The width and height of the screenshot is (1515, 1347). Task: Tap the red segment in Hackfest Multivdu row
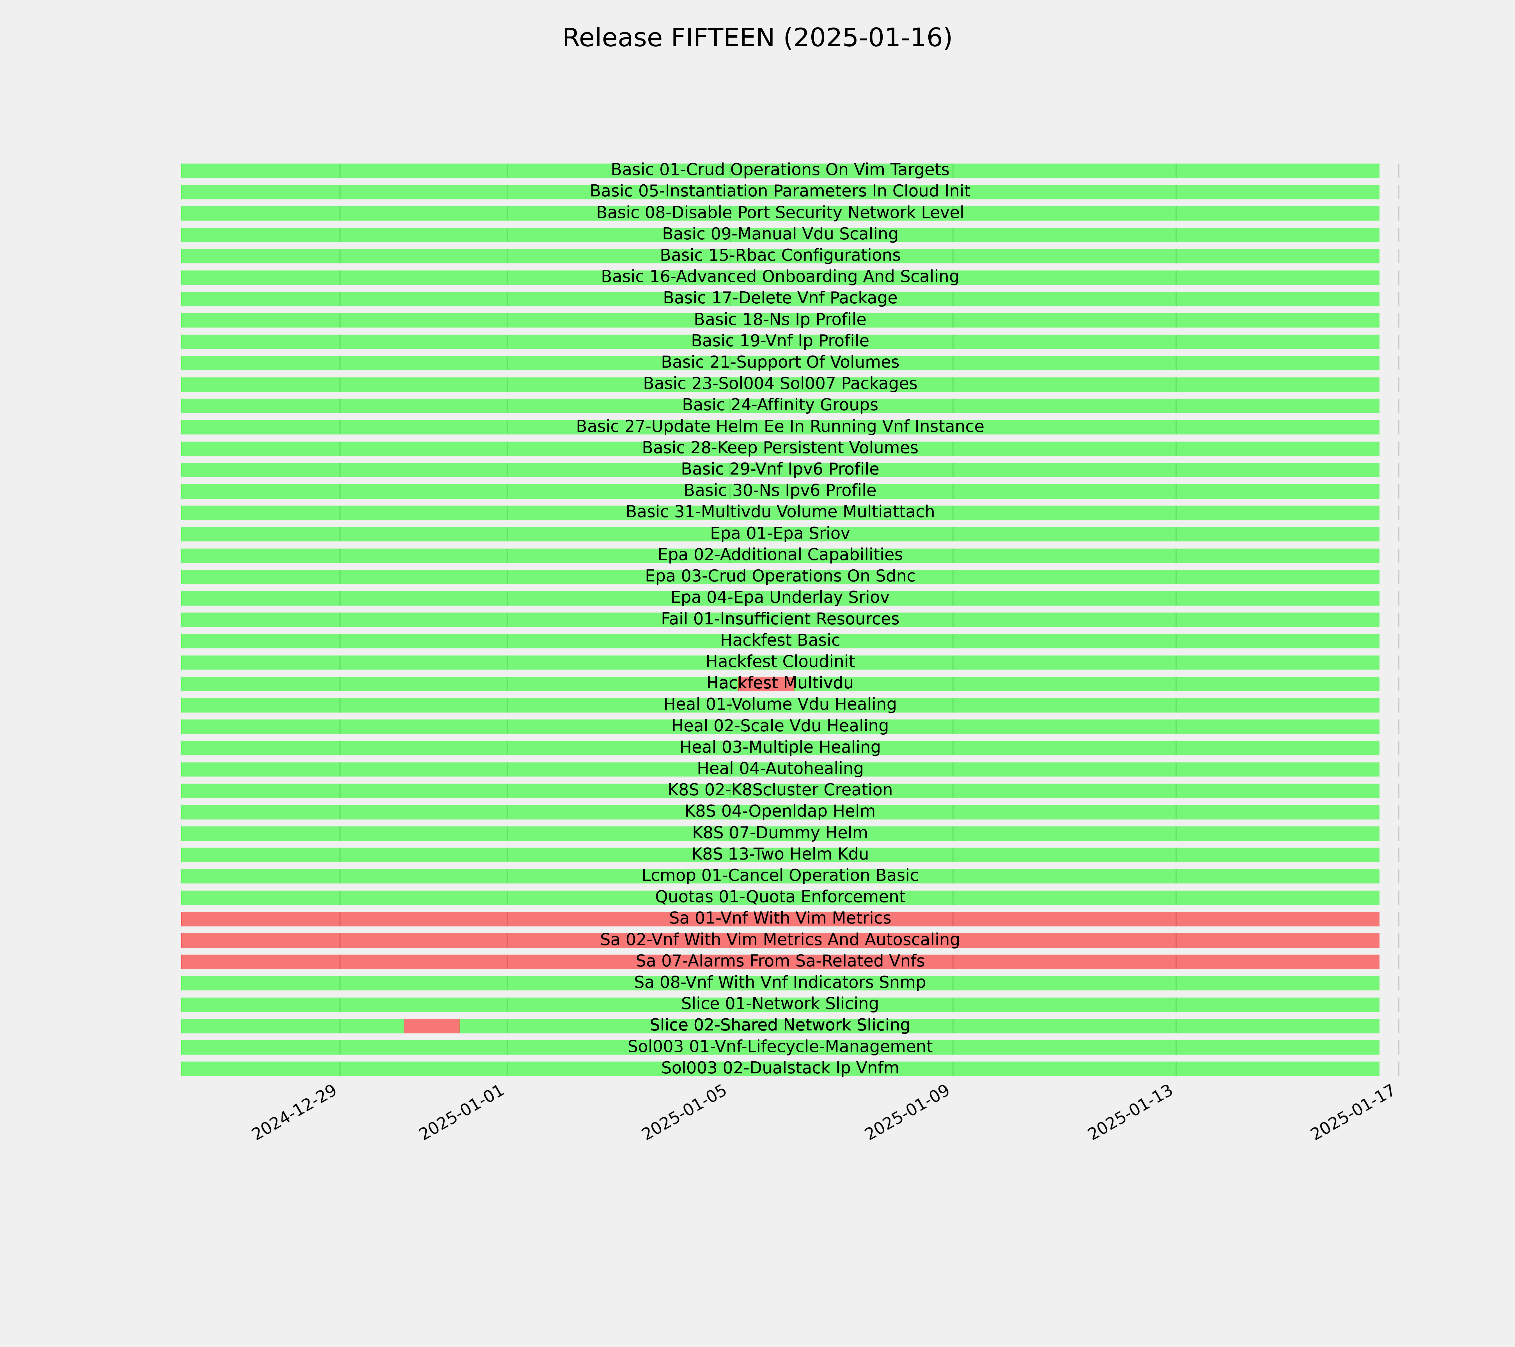coord(766,684)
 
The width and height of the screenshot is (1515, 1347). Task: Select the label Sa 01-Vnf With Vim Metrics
coord(780,918)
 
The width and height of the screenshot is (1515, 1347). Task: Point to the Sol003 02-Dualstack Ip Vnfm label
coord(780,1068)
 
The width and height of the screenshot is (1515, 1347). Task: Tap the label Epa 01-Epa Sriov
coord(780,534)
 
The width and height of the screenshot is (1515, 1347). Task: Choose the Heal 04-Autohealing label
coord(780,769)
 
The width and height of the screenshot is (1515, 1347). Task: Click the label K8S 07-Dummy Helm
coord(780,833)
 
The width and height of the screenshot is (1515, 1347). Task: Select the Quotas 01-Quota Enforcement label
coord(780,897)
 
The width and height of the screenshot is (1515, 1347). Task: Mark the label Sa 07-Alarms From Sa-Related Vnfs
coord(780,961)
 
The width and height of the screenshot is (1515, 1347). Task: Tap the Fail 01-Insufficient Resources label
coord(780,619)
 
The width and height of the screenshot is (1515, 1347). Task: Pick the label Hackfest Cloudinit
coord(780,662)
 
